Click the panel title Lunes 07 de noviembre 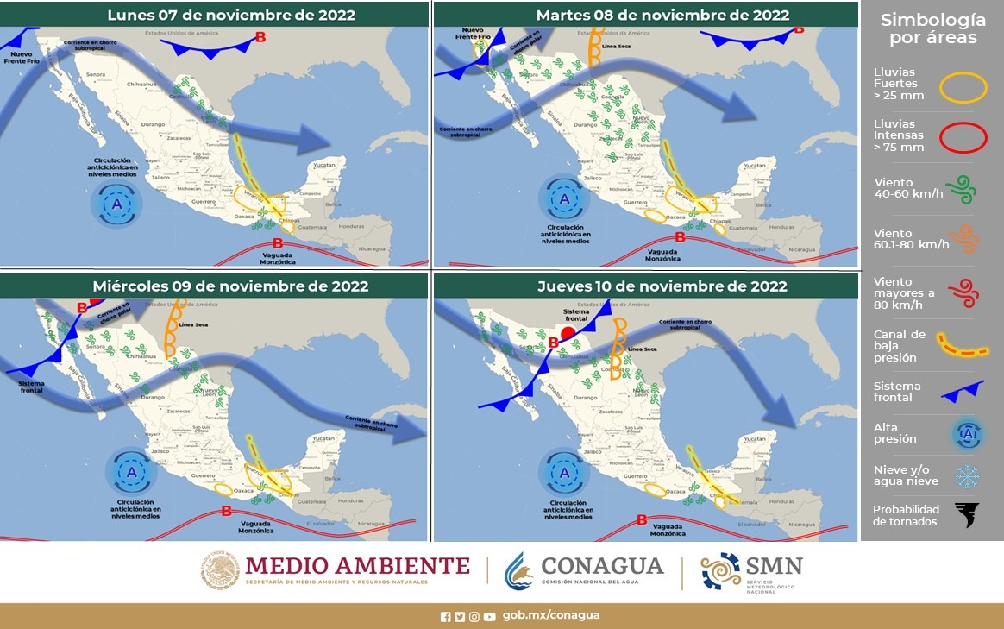(230, 15)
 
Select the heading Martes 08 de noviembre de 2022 (662, 15)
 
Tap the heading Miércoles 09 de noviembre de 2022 (230, 286)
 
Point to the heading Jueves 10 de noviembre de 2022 (662, 286)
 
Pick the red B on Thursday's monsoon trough (641, 519)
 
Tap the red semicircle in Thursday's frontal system (568, 332)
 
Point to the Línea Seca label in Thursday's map (643, 349)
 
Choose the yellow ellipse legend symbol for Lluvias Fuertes (963, 88)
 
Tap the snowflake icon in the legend (967, 476)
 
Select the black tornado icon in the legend (967, 515)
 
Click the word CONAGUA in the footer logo (602, 566)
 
